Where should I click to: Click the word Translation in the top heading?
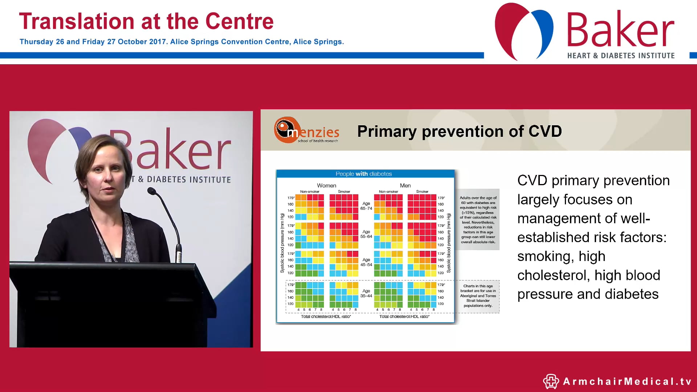77,22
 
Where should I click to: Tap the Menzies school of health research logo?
306,130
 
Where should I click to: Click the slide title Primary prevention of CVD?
459,131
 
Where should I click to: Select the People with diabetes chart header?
364,174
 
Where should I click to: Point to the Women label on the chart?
326,185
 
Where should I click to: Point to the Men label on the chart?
405,185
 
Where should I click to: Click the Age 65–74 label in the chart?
366,206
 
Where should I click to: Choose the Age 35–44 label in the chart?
366,293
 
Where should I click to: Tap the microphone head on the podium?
151,191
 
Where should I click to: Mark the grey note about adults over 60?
478,220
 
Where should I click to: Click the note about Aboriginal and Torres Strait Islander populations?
478,296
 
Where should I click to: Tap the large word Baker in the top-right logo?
620,30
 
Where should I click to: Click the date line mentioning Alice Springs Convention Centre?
182,42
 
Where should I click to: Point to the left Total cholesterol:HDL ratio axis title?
326,317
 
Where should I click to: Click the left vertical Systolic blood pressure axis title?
282,243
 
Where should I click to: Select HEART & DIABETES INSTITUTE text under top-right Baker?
621,56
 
